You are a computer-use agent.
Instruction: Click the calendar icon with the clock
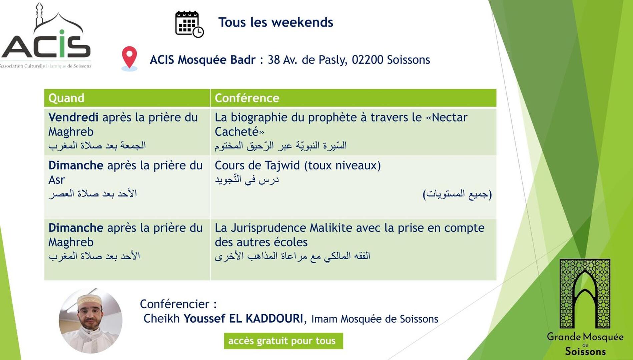point(189,24)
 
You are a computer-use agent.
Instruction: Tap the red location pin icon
point(129,59)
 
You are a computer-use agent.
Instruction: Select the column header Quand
point(66,98)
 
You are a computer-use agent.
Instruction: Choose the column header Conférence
point(247,98)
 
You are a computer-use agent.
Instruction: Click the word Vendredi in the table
point(73,117)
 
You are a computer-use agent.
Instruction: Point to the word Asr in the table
point(56,180)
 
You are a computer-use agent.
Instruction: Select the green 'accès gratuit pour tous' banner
point(283,341)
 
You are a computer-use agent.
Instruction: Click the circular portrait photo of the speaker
point(91,321)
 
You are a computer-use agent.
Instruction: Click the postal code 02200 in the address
point(368,60)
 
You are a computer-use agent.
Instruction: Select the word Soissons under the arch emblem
point(585,352)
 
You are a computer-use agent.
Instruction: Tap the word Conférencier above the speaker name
point(174,304)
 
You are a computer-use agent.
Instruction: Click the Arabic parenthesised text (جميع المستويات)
point(457,194)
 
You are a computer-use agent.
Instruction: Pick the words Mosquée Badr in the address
point(216,60)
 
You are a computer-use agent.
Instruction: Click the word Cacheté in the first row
point(237,132)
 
